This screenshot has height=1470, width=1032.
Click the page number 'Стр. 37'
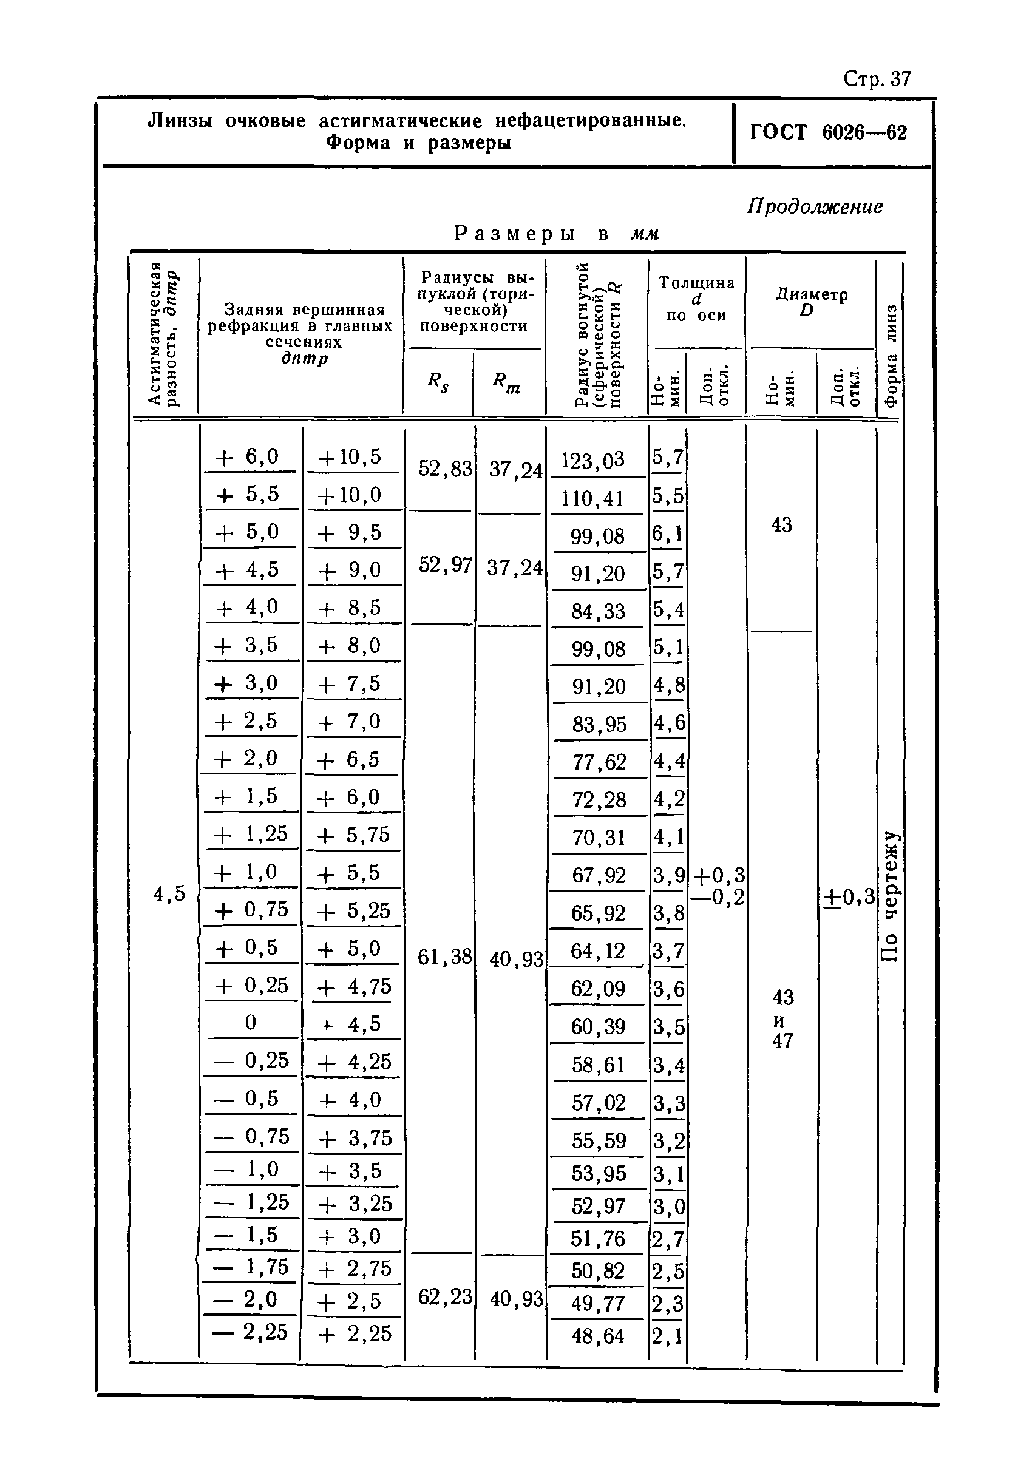877,79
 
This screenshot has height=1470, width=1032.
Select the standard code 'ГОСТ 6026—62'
829,132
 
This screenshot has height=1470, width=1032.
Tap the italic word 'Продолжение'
814,206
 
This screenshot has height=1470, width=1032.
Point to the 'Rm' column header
506,382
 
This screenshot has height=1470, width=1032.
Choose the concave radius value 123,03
592,460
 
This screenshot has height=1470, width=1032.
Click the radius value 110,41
592,498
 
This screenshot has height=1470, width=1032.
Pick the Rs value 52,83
445,469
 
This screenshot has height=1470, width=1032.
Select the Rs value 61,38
444,957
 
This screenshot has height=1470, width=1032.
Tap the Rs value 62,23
445,1296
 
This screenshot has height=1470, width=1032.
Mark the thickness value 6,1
668,533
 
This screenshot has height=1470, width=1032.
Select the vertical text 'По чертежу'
890,896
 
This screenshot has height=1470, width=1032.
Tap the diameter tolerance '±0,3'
849,898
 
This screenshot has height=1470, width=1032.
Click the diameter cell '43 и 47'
782,1018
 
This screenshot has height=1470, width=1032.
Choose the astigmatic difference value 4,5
169,894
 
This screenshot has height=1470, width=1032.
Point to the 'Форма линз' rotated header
890,355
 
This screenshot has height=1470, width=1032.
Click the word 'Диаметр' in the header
812,294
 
